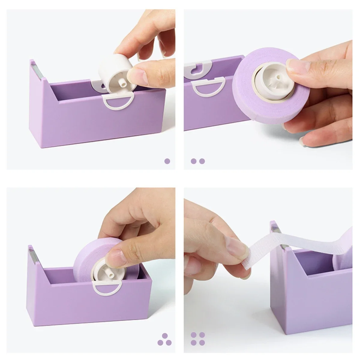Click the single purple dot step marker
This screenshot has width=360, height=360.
(x=167, y=161)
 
